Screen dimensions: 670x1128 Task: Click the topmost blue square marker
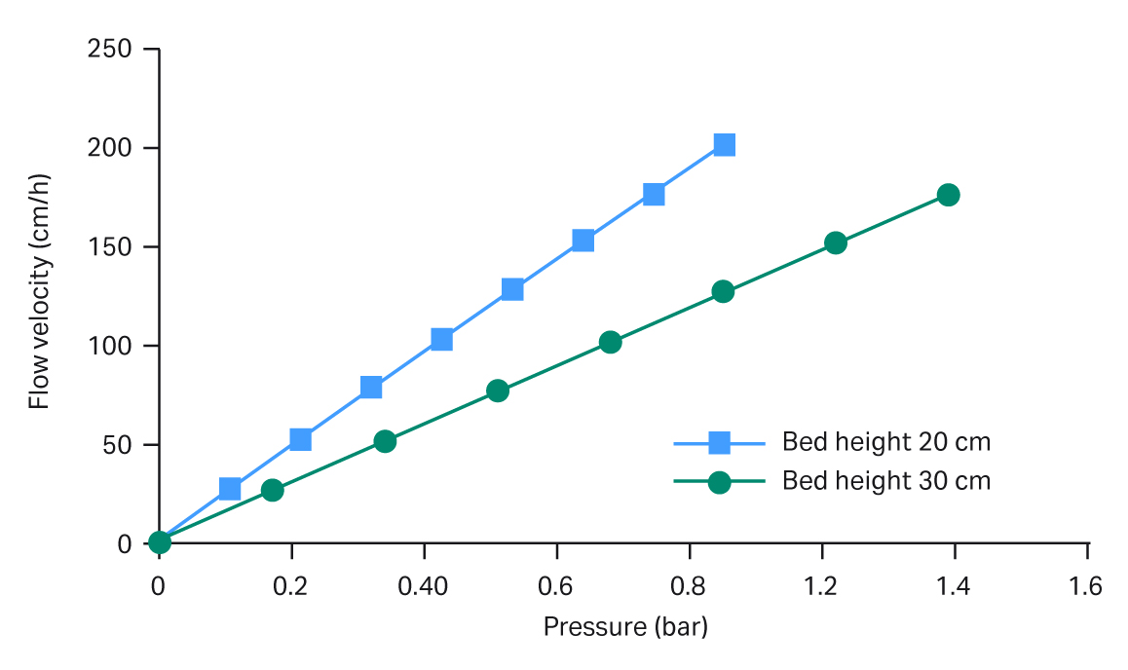pos(724,145)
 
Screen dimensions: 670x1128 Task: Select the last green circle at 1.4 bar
pos(948,195)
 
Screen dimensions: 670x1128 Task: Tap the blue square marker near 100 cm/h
pos(441,339)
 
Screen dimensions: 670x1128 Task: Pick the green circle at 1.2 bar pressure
pos(835,242)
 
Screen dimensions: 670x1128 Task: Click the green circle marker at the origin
pos(160,542)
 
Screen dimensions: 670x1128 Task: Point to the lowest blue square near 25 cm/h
pos(230,489)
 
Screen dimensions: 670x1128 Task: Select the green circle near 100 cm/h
pos(610,342)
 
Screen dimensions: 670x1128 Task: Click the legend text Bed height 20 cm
pos(885,442)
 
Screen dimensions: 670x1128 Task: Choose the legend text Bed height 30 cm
pos(885,481)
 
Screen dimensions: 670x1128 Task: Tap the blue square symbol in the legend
pos(719,443)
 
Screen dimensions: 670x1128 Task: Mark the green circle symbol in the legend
pos(719,482)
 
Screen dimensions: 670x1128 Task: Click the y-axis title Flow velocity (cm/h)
pos(39,292)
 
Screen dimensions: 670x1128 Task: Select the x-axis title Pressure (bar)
pos(625,626)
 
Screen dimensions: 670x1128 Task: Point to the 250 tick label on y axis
pos(109,49)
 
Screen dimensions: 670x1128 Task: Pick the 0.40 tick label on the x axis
pos(424,587)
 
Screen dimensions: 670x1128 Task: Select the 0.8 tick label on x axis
pos(690,587)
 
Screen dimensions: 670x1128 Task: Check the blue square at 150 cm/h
pos(583,241)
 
